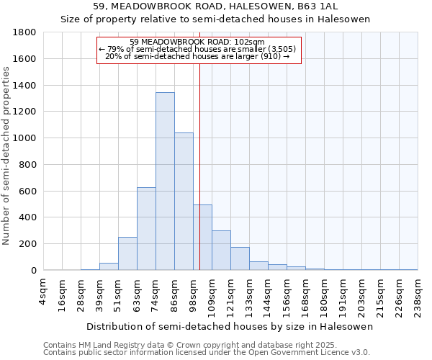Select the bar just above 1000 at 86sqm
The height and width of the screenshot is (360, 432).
pyautogui.click(x=184, y=202)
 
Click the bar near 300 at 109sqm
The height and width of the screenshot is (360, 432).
pyautogui.click(x=221, y=251)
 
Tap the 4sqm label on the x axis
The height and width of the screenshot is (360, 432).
pyautogui.click(x=43, y=291)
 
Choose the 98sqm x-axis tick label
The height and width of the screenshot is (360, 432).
pyautogui.click(x=193, y=292)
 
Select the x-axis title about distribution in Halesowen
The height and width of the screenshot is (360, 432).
pyautogui.click(x=229, y=327)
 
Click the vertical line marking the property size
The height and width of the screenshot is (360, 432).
pyautogui.click(x=199, y=166)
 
